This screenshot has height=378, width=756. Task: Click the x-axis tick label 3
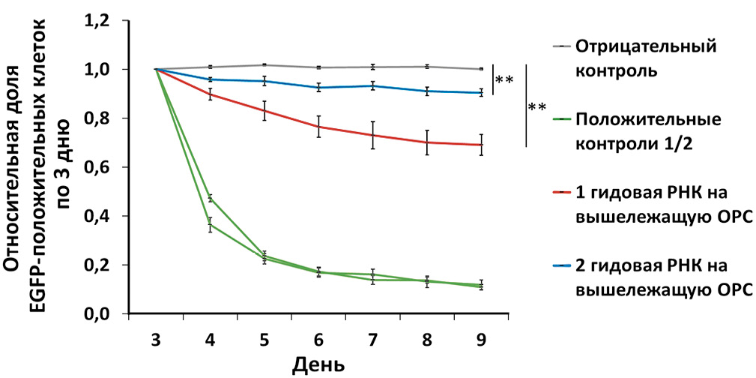(x=156, y=339)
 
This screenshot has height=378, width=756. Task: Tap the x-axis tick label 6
(x=318, y=339)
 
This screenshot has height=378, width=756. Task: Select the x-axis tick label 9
(x=481, y=339)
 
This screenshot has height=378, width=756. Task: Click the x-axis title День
(x=318, y=365)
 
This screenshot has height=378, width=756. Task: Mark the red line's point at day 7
(x=372, y=135)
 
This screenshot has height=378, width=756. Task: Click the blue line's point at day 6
(x=318, y=88)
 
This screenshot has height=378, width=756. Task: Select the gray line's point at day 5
(x=264, y=65)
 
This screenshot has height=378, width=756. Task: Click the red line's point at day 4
(x=211, y=94)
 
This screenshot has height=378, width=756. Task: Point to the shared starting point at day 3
(x=156, y=69)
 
